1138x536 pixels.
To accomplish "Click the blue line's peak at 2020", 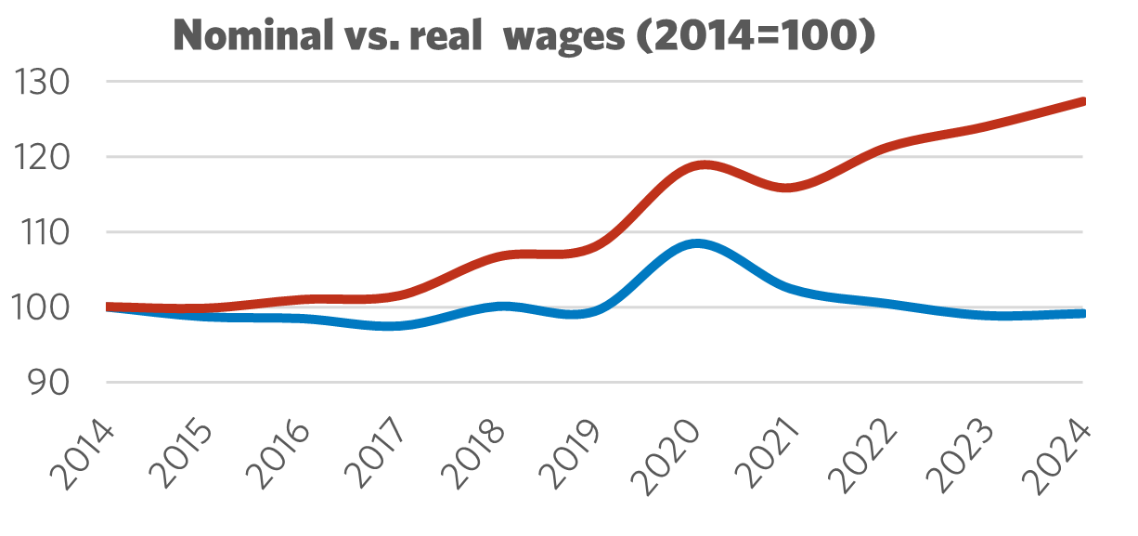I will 697,244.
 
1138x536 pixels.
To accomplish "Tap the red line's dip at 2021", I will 787,188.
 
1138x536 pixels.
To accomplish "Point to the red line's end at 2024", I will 1082,101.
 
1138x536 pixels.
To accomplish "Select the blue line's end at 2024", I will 1082,314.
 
